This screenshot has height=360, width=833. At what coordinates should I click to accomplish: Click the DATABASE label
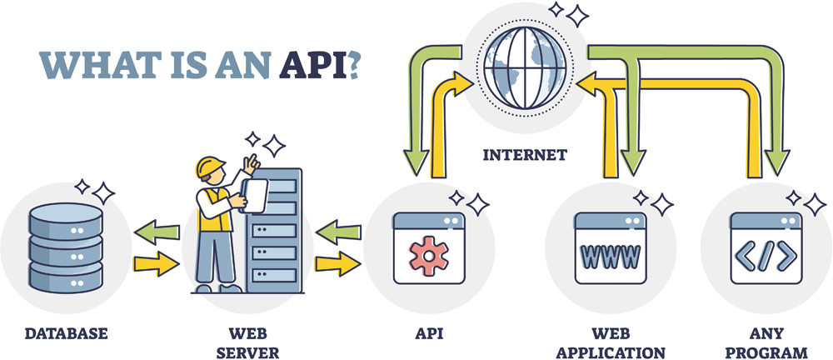coord(67,334)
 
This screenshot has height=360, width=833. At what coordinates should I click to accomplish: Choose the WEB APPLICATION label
coord(611,342)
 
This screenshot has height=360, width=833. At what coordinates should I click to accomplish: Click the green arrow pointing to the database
coord(157,230)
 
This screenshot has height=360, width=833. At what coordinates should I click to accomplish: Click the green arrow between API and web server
coord(339,230)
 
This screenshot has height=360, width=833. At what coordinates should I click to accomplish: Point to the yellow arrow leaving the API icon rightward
coord(339,264)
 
